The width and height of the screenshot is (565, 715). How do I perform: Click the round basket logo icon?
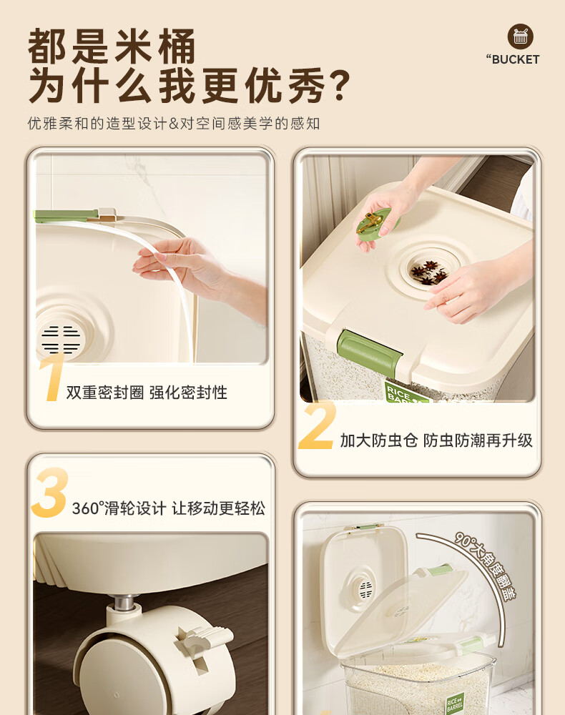(521, 36)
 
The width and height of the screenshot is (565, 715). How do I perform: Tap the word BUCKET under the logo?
(516, 60)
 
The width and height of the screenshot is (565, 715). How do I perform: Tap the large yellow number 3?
(50, 493)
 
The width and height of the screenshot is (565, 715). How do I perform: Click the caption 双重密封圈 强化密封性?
(147, 392)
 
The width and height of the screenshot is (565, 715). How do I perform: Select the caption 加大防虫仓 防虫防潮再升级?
(436, 440)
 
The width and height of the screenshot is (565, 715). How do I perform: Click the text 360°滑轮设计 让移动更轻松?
(169, 508)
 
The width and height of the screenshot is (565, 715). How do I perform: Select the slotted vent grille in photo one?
(61, 339)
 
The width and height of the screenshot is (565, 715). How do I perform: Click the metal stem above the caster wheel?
(124, 602)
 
